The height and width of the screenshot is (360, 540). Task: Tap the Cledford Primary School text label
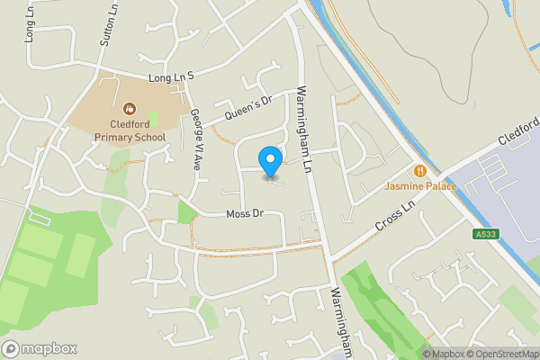130,130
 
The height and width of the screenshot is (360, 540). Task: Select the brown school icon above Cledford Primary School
130,106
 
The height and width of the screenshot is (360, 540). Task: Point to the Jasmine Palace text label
420,187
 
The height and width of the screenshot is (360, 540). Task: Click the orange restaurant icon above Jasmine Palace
419,171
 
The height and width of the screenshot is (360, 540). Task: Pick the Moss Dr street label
243,214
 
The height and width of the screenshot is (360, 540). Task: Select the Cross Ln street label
397,216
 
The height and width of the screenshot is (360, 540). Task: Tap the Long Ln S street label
171,79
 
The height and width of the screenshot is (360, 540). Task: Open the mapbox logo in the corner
40,348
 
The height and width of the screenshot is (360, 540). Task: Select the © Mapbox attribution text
444,354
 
